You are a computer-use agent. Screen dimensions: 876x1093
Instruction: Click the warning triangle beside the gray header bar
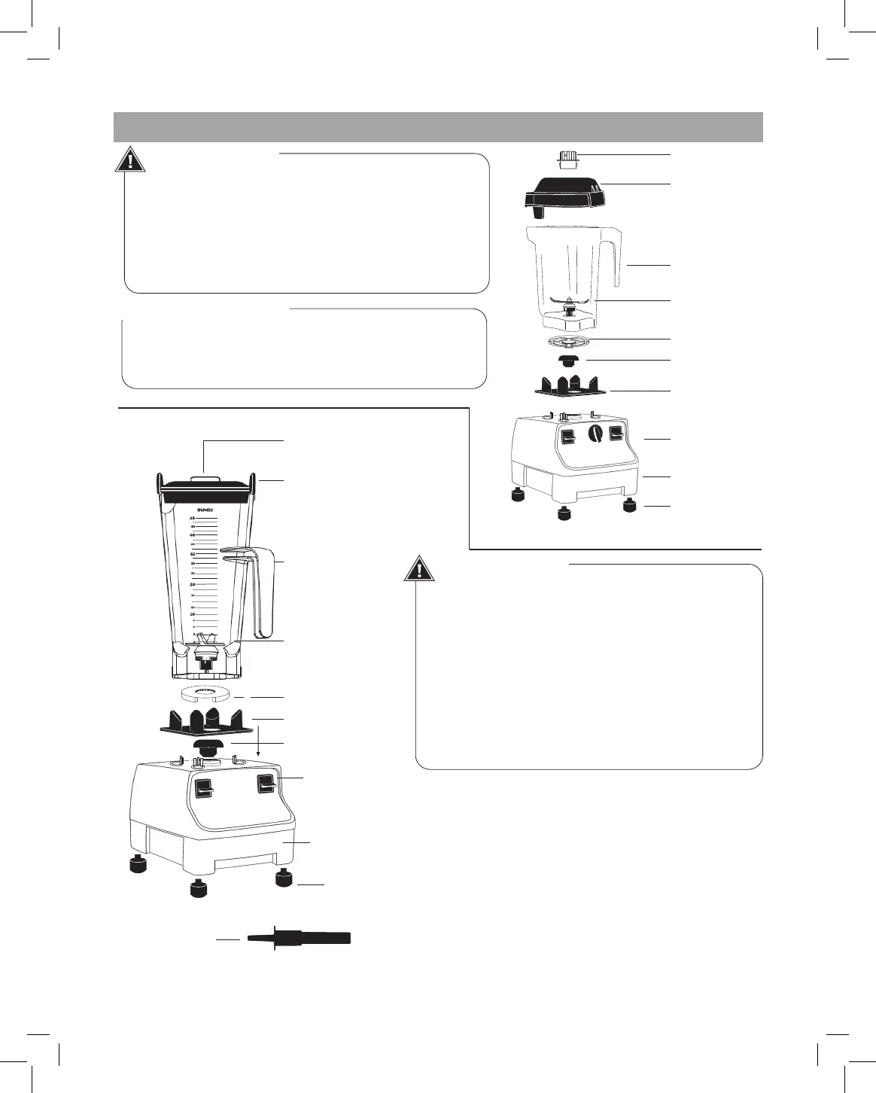131,160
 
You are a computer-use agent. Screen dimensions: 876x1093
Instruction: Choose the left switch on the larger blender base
203,788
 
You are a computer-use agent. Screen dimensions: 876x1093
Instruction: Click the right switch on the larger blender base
265,784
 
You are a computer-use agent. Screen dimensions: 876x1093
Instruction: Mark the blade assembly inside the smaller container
569,306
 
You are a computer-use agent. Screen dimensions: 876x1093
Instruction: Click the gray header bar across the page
438,126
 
